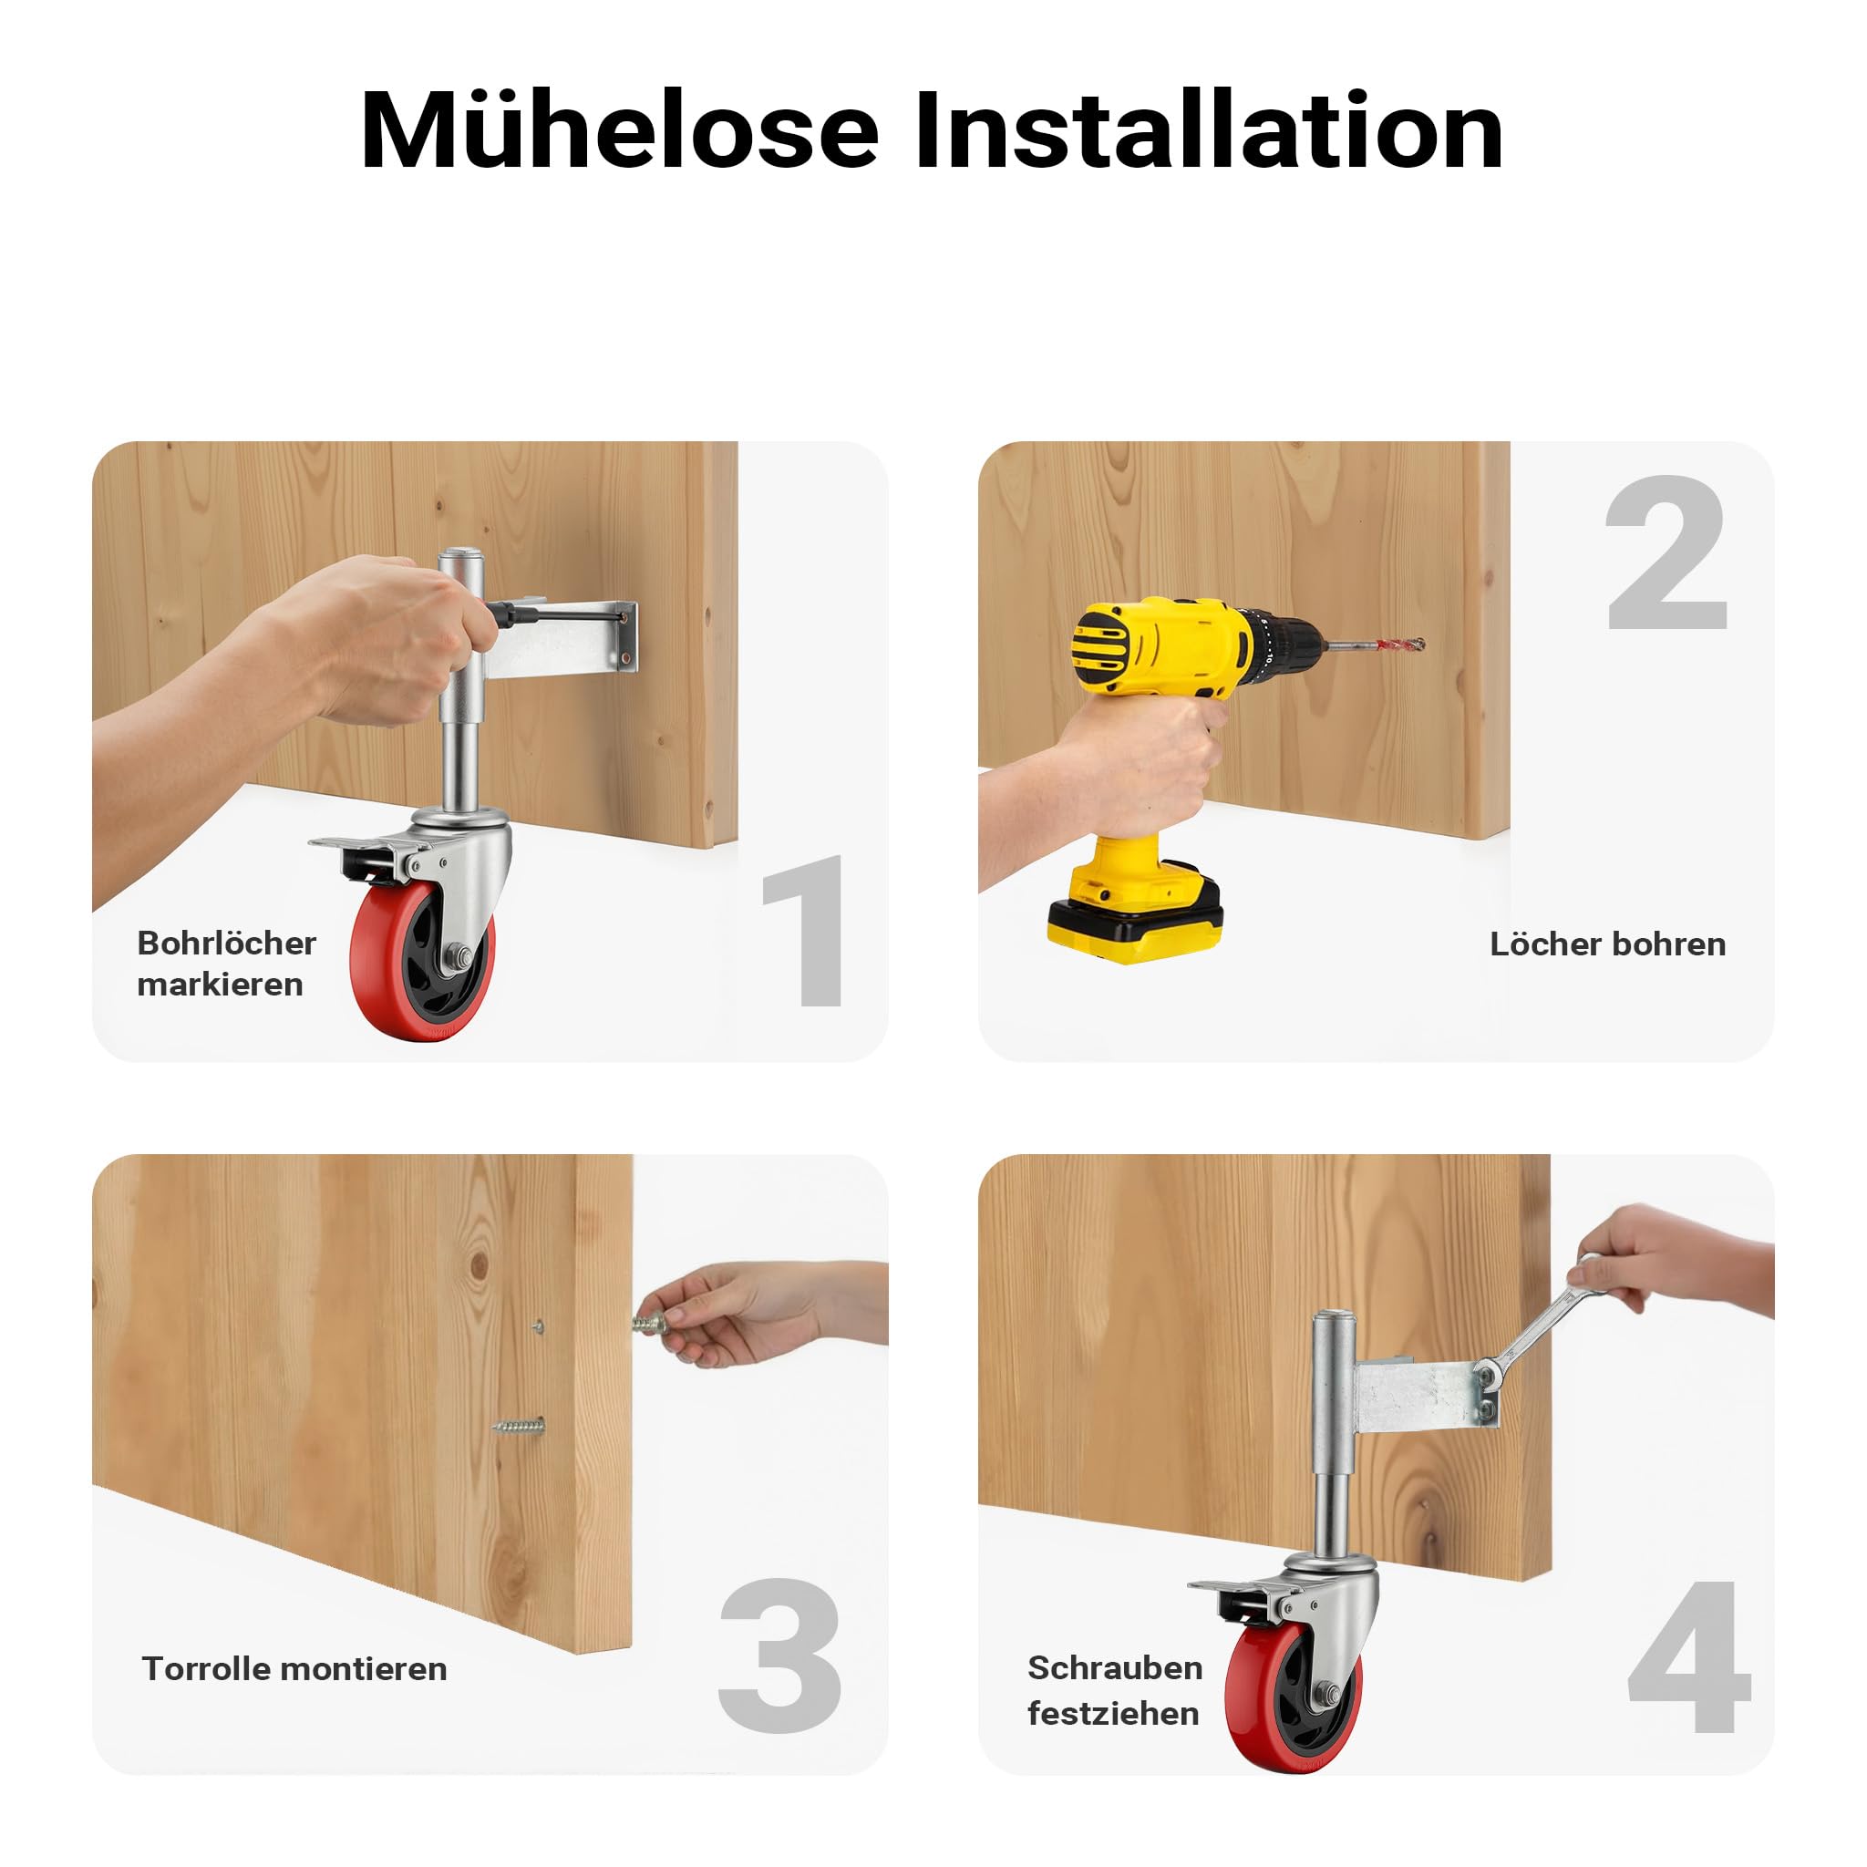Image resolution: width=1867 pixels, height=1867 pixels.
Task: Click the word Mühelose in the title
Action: (619, 129)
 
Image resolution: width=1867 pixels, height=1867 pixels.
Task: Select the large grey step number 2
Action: (1666, 552)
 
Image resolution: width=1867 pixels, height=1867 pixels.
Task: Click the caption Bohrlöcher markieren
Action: (226, 964)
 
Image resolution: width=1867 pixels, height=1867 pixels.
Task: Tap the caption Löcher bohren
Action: (1607, 944)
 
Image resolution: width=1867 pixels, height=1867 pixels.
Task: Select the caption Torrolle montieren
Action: (294, 1668)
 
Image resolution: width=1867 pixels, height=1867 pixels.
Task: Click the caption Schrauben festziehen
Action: (1114, 1689)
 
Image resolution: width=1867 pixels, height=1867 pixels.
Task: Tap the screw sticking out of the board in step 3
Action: (519, 1426)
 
